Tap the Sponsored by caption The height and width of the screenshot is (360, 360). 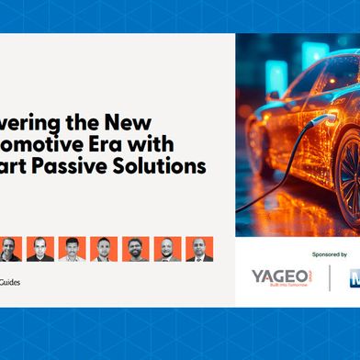tap(330, 253)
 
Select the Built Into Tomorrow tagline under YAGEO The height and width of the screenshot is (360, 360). tap(280, 288)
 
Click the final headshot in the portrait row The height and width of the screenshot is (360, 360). tap(199, 249)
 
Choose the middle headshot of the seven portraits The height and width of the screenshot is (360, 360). tap(104, 249)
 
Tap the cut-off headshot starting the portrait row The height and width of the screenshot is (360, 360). tap(7, 249)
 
